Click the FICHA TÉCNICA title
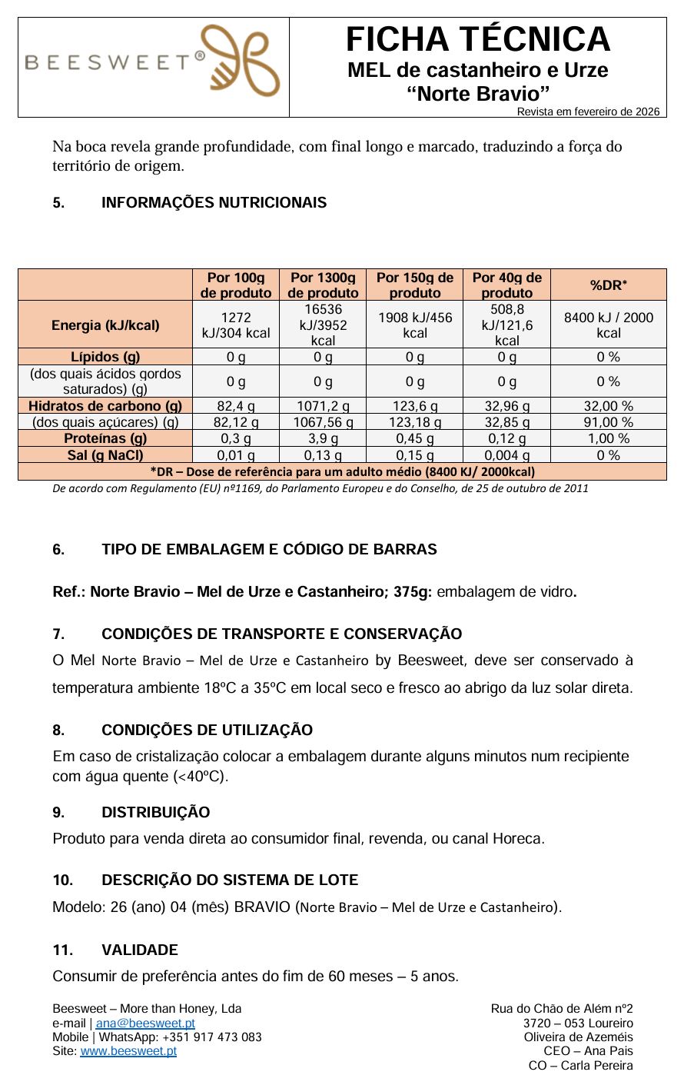coord(477,39)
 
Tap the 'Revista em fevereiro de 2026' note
coord(588,111)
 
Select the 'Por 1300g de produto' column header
coord(323,285)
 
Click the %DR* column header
coord(608,285)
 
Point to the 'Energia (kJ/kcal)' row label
coord(105,325)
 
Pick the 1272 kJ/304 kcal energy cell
coord(236,325)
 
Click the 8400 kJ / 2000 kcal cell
coord(608,325)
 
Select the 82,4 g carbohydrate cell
coord(236,406)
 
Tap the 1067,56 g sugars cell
coord(323,422)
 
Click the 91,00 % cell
coord(608,422)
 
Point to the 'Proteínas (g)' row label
coord(105,438)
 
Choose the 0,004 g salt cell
coord(506,455)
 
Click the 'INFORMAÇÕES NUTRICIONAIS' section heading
coord(214,203)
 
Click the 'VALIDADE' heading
coord(139,950)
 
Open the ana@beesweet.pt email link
coord(145,1023)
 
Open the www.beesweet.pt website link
coord(128,1051)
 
